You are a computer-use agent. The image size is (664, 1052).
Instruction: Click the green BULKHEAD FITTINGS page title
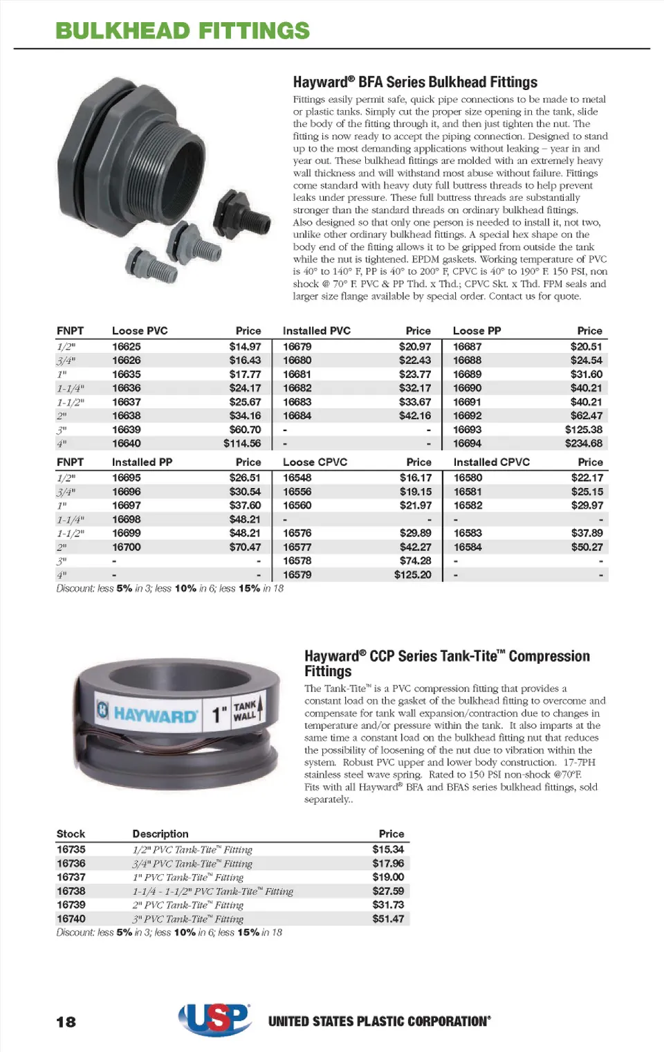coord(183,31)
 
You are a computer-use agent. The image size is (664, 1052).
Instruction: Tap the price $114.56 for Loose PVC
coord(242,444)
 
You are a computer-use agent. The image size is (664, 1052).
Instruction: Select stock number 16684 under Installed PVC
coord(297,416)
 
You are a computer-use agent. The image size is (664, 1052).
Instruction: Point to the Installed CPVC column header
coord(491,462)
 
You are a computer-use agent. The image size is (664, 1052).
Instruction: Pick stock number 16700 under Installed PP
coord(127,547)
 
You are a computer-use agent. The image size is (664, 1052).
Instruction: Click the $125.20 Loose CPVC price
coord(412,575)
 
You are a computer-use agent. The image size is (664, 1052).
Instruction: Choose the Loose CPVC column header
coord(315,462)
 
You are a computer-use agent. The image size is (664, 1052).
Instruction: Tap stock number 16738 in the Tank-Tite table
coord(71,891)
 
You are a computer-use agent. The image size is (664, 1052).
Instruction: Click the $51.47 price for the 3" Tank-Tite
coord(388,919)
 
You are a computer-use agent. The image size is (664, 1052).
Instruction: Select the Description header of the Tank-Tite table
coord(160,834)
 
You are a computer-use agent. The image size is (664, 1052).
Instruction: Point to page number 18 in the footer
coord(66,1022)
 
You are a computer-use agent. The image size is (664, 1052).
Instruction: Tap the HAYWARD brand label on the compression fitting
coord(155,715)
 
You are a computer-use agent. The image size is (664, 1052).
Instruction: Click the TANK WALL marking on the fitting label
coord(245,711)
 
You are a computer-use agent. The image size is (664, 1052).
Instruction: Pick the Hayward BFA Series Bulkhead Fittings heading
coord(415,82)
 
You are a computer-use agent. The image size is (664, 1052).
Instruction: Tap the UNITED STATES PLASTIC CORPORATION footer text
coord(380,1022)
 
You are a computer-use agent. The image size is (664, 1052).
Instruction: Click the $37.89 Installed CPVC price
coord(587,534)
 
